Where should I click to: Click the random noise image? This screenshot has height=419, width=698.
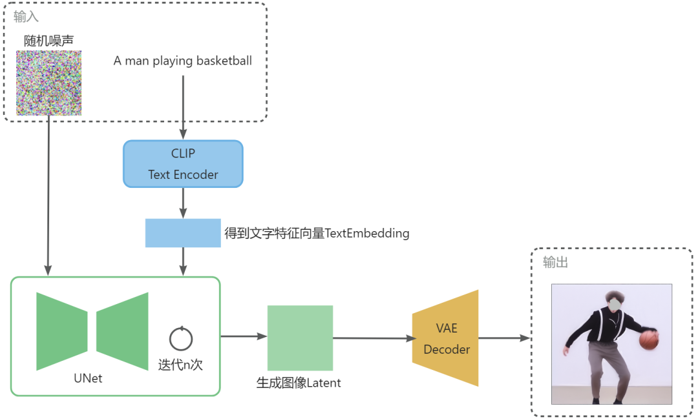point(49,84)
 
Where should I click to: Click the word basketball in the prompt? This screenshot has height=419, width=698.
point(224,61)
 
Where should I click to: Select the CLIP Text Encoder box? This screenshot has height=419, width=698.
point(183,164)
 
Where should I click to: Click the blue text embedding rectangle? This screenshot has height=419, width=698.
point(183,233)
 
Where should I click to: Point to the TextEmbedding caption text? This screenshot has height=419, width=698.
point(317,233)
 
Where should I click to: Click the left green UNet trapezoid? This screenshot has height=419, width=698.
point(61,331)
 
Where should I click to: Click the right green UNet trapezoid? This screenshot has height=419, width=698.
point(123,331)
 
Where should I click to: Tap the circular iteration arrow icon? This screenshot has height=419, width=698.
point(181,338)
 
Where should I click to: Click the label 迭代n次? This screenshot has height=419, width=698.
point(180,365)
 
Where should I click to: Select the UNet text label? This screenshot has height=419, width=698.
point(88,378)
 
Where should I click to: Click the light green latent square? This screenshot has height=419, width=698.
point(300,338)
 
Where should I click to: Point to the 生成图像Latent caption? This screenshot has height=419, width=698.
point(298,383)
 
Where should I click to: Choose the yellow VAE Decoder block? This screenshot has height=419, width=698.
point(446,338)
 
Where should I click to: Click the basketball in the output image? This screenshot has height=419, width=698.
point(649,340)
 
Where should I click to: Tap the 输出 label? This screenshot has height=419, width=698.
point(555,263)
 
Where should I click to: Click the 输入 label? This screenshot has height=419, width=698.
point(26,16)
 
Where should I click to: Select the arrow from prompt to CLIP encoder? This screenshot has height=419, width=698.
point(183,107)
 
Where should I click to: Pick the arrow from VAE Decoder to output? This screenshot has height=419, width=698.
point(504,338)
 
